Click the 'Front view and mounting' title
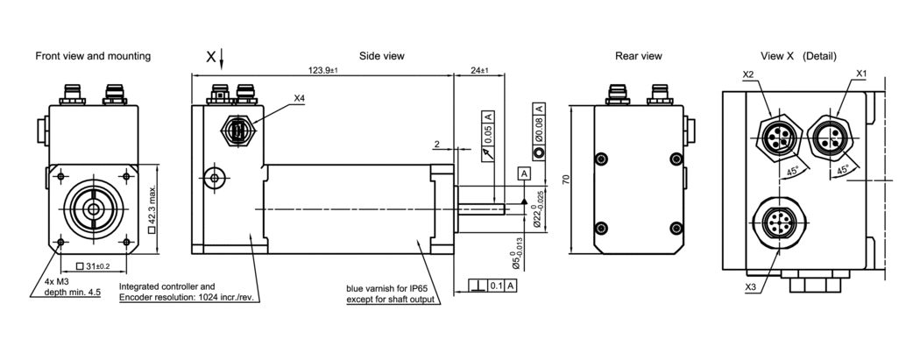[93, 56]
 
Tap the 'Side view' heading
[382, 56]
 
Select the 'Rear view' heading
[638, 56]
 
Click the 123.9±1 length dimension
[324, 70]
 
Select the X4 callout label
[300, 98]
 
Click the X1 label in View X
[860, 74]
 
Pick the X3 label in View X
[751, 286]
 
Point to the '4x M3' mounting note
[56, 281]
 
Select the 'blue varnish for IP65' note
[391, 287]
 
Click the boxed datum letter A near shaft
[523, 173]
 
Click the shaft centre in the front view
[92, 208]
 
